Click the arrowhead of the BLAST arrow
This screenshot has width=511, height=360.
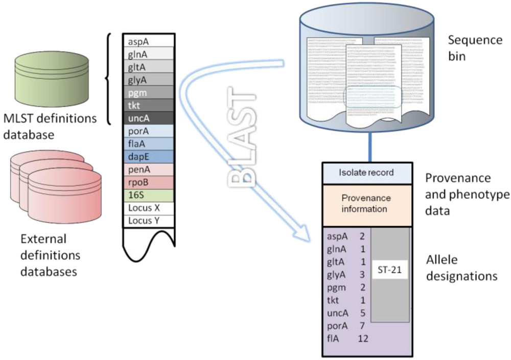click(x=305, y=235)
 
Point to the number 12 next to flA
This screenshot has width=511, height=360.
click(x=363, y=338)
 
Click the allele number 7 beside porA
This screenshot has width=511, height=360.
click(x=361, y=325)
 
